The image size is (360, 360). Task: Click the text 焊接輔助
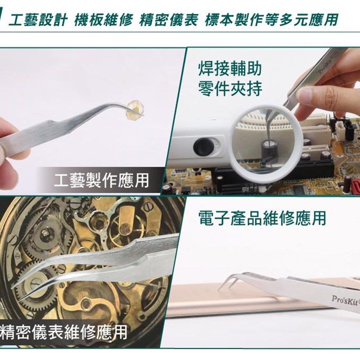click(230, 69)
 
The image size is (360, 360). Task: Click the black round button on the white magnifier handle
click(202, 147)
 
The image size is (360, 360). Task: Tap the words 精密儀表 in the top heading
click(169, 20)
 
